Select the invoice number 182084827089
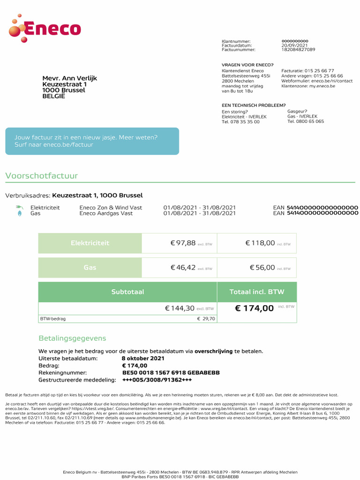pos(298,50)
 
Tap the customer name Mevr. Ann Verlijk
pos(69,78)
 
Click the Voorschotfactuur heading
pos(41,176)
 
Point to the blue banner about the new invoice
pos(92,141)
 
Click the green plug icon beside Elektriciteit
pos(19,207)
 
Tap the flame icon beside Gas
pos(19,213)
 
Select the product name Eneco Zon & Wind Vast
pos(111,208)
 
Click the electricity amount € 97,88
pos(183,243)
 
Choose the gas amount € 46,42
pos(183,267)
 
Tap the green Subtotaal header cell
pos(127,292)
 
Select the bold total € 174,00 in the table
pos(254,308)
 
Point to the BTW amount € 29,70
pos(206,319)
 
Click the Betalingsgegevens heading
pos(72,338)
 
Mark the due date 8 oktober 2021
pos(143,359)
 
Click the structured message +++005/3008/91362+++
pos(157,380)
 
